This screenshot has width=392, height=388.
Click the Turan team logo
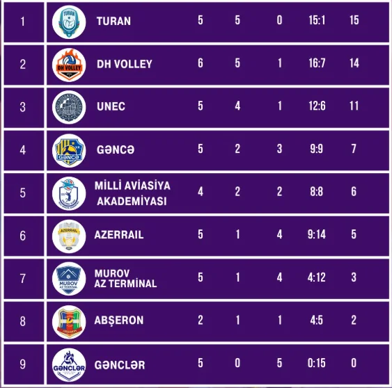coord(69,22)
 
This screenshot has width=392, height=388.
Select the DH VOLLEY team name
coord(125,64)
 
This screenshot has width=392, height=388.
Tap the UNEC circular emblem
coord(69,107)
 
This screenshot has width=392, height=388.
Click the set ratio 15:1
coord(317,20)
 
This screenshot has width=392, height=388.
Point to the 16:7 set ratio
coord(317,63)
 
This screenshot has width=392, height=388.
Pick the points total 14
coord(354,63)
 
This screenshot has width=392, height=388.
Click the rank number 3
coord(23,107)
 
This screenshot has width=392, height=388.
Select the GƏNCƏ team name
coord(116,149)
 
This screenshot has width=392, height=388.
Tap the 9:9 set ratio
coord(317,149)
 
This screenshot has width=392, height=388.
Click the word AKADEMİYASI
coord(132,201)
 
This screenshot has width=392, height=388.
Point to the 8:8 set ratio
coord(317,192)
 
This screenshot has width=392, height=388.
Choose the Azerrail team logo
coord(69,236)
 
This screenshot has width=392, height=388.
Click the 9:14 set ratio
coord(317,234)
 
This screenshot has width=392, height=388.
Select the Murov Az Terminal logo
coord(69,279)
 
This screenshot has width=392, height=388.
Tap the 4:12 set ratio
coord(317,277)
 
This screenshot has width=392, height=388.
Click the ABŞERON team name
coord(119,321)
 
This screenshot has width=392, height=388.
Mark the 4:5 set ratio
coord(317,320)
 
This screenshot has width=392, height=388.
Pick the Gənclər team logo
coord(69,365)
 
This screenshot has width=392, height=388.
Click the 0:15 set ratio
coord(317,363)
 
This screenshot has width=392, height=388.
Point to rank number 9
coord(23,364)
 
